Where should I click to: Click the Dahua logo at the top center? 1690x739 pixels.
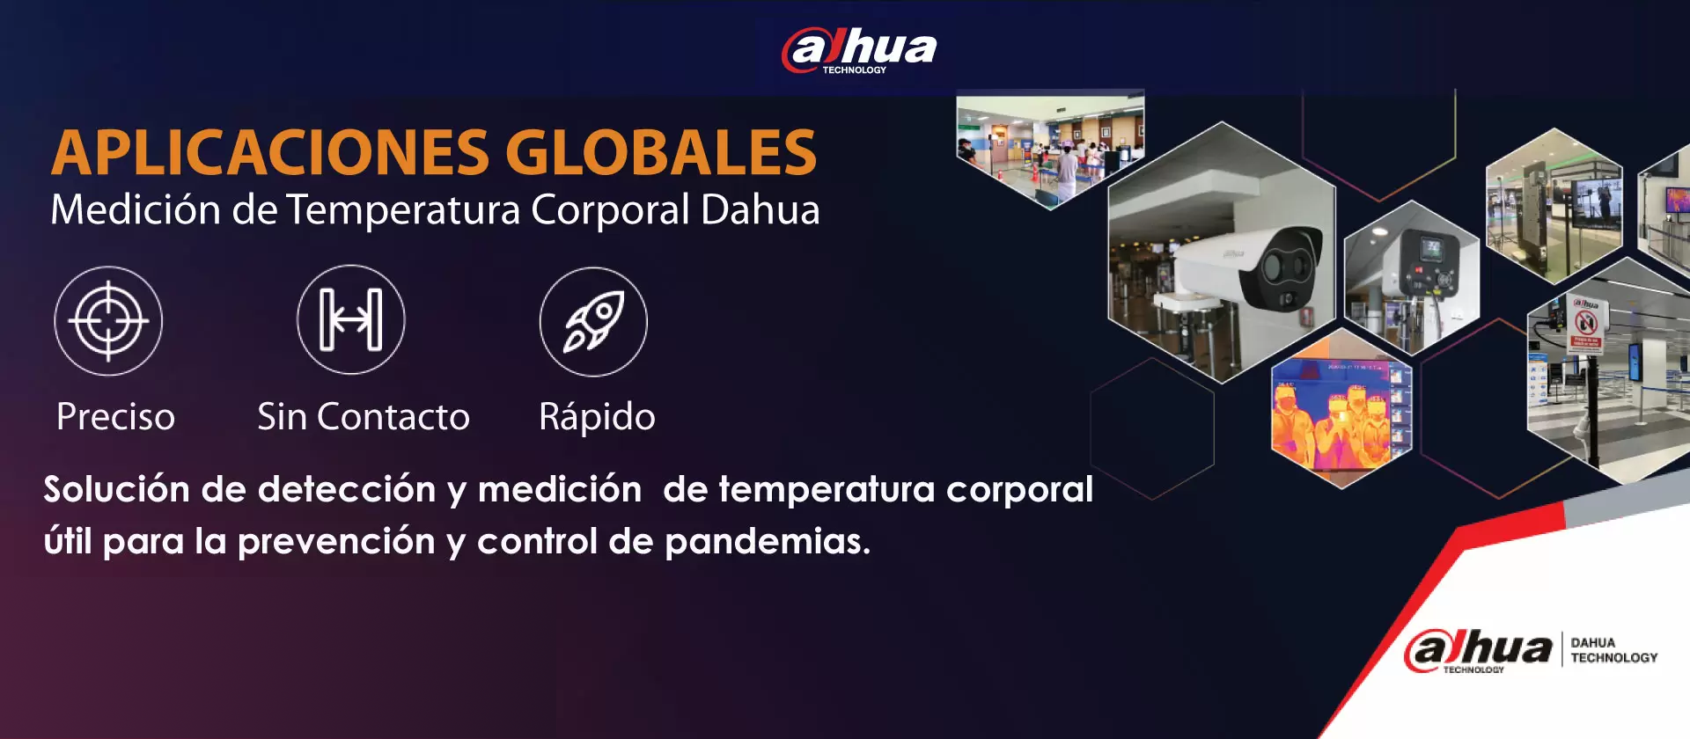tap(859, 51)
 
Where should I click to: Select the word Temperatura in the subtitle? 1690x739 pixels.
tap(403, 210)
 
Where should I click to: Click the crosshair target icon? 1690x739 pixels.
tap(108, 321)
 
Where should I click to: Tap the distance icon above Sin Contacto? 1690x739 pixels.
tap(351, 319)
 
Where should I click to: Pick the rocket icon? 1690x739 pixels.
tap(593, 321)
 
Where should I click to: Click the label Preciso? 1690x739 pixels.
tap(115, 417)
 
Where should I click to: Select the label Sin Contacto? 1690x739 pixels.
tap(364, 417)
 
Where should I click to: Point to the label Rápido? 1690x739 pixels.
tap(597, 417)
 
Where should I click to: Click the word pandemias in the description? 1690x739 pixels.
tap(768, 541)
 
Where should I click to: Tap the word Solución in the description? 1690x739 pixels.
tap(117, 489)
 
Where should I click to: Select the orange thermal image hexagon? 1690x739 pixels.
tap(1341, 409)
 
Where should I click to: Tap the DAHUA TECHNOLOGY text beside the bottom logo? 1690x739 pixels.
tap(1613, 650)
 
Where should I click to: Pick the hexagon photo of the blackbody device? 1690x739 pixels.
tap(1412, 277)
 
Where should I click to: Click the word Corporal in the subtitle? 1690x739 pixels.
tap(610, 210)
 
